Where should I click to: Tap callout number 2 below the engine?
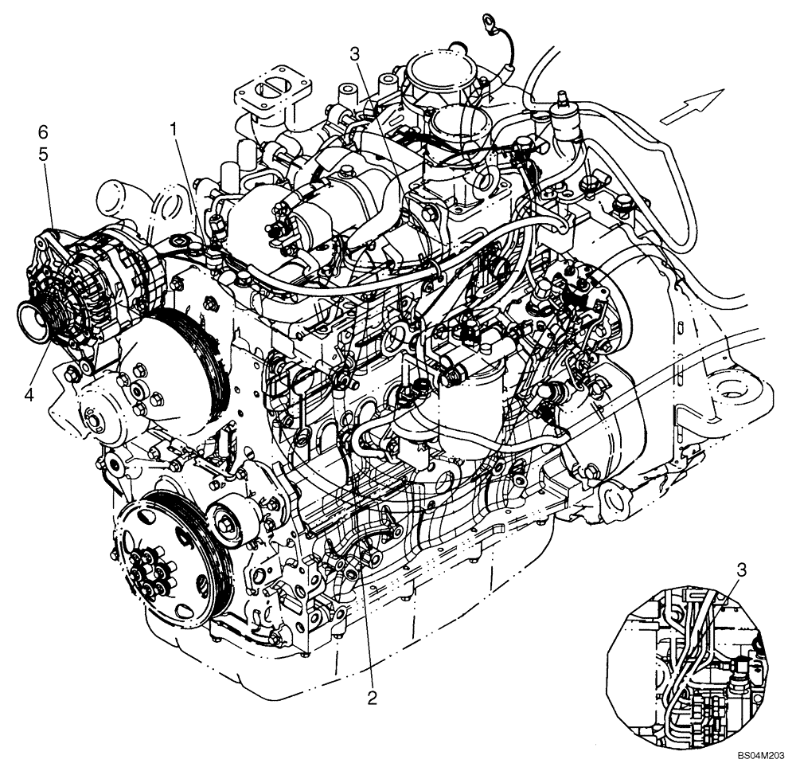coord(371,699)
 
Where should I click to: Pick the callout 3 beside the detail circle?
coord(741,569)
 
